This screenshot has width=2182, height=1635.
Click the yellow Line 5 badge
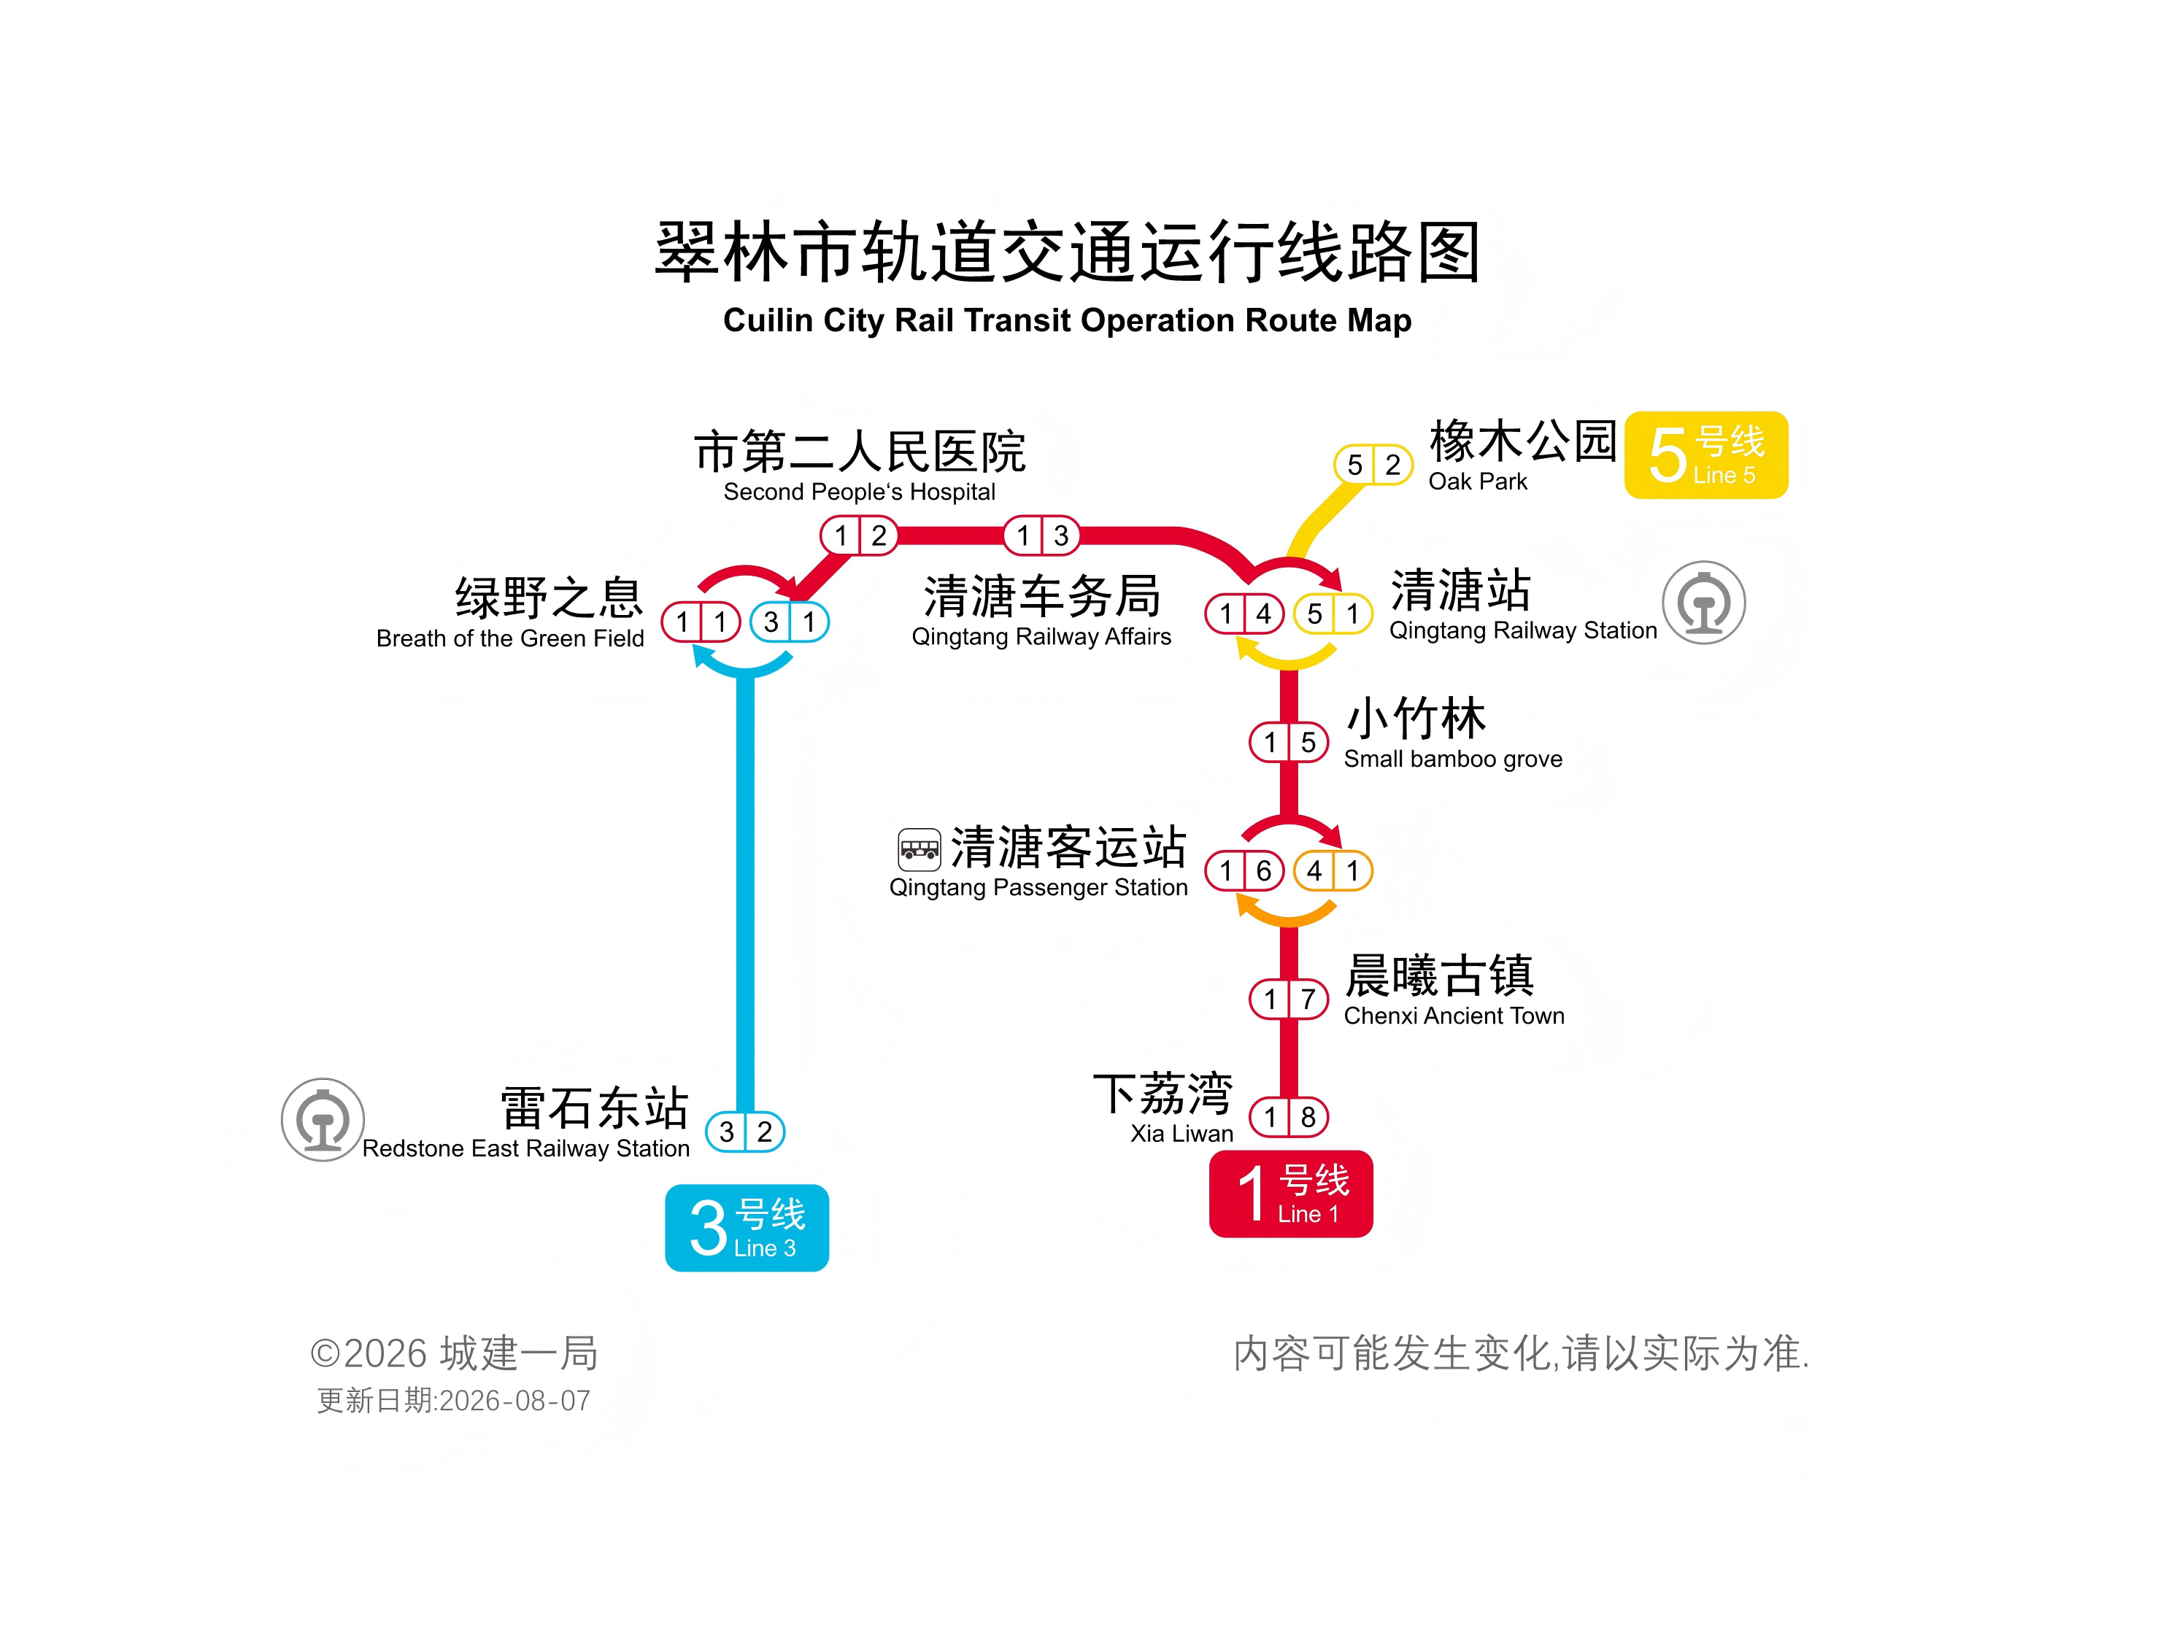[x=1705, y=455]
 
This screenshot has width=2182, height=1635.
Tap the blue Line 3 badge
[x=747, y=1228]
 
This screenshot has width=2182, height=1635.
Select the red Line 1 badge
[x=1291, y=1193]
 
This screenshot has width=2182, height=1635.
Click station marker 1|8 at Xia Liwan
[x=1289, y=1117]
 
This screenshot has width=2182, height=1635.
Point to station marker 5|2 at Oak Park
[x=1373, y=465]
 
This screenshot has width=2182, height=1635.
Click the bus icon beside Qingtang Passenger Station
[x=920, y=849]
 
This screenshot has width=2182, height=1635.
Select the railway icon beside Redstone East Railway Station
[x=323, y=1119]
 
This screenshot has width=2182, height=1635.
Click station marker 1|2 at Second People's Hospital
[x=859, y=536]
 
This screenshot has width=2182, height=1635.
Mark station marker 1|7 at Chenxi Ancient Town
[x=1289, y=999]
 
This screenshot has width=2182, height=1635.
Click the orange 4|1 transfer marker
[x=1333, y=870]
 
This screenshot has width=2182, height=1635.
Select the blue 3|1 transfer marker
[x=789, y=622]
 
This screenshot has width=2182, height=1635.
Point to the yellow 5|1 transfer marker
[x=1333, y=614]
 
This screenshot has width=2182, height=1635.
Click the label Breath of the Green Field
[x=510, y=638]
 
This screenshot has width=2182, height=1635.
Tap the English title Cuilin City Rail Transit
[x=1068, y=320]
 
